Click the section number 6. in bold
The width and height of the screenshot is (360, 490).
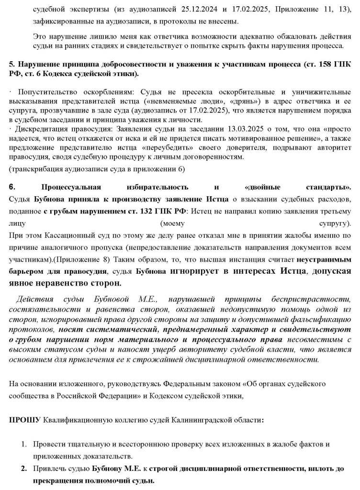pyautogui.click(x=13, y=187)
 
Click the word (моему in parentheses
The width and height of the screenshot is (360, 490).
pyautogui.click(x=173, y=223)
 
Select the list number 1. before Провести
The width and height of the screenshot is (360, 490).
pyautogui.click(x=24, y=445)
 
